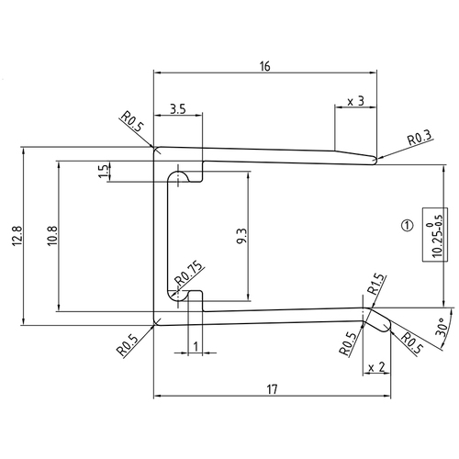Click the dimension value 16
click(265, 67)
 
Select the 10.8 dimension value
click(51, 235)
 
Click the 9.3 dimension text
click(241, 235)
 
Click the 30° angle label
click(442, 329)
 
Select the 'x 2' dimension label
click(375, 367)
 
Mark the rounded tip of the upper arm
click(375, 160)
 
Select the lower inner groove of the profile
click(179, 295)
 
